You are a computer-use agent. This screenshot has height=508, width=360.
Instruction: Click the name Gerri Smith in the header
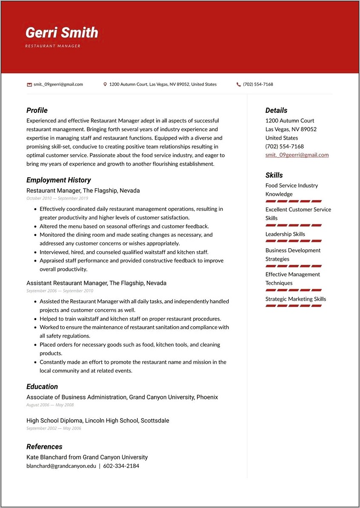[x=62, y=33]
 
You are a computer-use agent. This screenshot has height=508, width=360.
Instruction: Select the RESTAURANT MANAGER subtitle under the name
[x=53, y=46]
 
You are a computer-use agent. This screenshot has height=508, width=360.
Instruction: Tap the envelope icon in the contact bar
[x=29, y=84]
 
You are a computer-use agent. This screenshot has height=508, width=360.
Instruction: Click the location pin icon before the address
[x=105, y=84]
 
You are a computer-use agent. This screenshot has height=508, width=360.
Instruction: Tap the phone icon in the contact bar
[x=239, y=84]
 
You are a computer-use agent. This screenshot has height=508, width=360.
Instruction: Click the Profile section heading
[x=37, y=110]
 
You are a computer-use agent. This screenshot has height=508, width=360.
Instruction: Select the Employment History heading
[x=58, y=180]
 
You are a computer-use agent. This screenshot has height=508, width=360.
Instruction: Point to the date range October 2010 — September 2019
[x=57, y=198]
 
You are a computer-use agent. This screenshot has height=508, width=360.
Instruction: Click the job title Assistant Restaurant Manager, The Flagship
[x=96, y=283]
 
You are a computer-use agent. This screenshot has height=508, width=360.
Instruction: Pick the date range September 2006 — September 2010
[x=60, y=291]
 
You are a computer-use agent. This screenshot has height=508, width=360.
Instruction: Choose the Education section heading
[x=42, y=387]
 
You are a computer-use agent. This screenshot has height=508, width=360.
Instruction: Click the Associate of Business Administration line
[x=122, y=397]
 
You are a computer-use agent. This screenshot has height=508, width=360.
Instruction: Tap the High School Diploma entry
[x=97, y=421]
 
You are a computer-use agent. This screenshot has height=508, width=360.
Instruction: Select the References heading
[x=44, y=447]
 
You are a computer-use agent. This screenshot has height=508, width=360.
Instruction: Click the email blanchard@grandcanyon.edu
[x=61, y=466]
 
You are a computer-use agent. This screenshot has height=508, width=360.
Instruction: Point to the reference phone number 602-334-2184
[x=121, y=466]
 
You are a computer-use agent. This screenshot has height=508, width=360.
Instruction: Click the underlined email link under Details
[x=297, y=155]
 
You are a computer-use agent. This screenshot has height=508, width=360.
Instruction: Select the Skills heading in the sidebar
[x=274, y=175]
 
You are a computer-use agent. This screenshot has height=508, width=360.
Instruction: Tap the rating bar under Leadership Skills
[x=293, y=241]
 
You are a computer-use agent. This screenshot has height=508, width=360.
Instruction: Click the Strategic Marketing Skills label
[x=295, y=299]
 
